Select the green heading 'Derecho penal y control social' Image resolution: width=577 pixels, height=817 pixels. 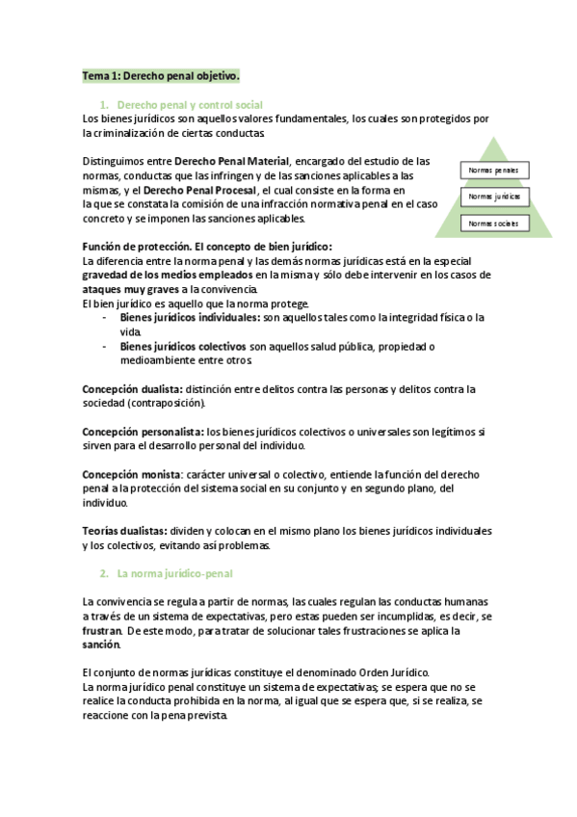click(189, 104)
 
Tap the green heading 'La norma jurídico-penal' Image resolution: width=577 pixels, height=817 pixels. click(174, 574)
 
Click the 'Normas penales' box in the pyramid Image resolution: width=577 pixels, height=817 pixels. click(493, 171)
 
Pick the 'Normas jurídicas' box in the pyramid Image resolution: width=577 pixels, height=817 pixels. click(493, 197)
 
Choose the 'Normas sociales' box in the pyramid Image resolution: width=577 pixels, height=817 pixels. click(493, 224)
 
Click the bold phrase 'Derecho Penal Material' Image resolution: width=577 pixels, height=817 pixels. click(230, 161)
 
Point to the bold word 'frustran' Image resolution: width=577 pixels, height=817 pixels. click(102, 631)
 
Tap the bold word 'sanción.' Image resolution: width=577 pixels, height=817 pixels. click(102, 645)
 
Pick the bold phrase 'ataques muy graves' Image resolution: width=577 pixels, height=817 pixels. click(129, 289)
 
